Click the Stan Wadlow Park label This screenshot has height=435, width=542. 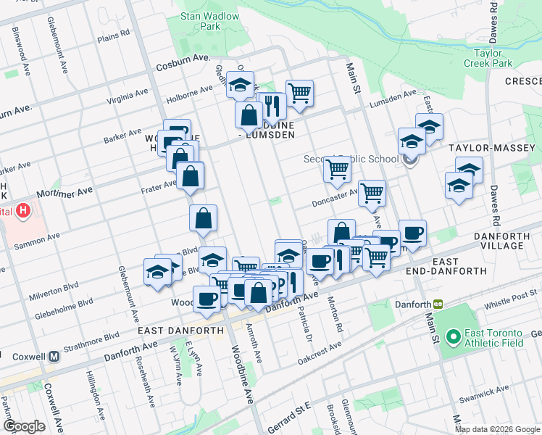(200, 20)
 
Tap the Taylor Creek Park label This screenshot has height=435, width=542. (493, 58)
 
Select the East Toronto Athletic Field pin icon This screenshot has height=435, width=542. (454, 336)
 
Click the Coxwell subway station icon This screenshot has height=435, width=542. (54, 357)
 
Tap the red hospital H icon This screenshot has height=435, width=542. (24, 212)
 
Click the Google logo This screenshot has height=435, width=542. (24, 426)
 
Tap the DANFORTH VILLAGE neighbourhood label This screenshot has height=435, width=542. (508, 241)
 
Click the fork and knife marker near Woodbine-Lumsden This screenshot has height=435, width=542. (273, 105)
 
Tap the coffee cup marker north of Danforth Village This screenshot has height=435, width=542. (413, 233)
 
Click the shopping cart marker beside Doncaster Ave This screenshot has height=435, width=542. (372, 193)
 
